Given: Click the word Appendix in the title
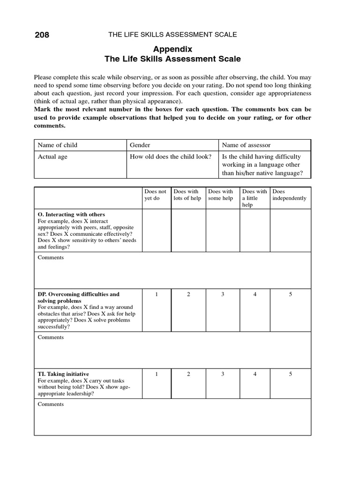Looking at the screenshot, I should click(173, 49).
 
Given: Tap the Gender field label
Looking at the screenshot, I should click(140, 145).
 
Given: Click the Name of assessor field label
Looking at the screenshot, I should click(246, 145).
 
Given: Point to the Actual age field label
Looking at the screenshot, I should click(52, 157).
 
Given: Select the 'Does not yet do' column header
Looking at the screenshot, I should click(156, 195).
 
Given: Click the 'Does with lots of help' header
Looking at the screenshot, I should click(187, 195).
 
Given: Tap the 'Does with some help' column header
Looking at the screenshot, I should click(221, 195).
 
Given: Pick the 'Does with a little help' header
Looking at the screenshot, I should click(255, 198).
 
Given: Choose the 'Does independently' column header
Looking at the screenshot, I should click(289, 195).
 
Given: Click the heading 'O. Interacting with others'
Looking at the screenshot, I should click(71, 214).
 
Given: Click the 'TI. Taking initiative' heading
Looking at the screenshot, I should click(63, 374).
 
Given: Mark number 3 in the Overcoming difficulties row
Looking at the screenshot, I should click(223, 294).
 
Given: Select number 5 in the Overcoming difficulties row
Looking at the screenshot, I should click(291, 294).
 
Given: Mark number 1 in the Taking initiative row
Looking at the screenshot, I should click(157, 374).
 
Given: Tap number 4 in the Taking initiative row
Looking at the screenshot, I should click(255, 374).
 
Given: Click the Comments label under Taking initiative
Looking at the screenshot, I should click(51, 404).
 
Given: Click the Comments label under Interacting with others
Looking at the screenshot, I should click(51, 257).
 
